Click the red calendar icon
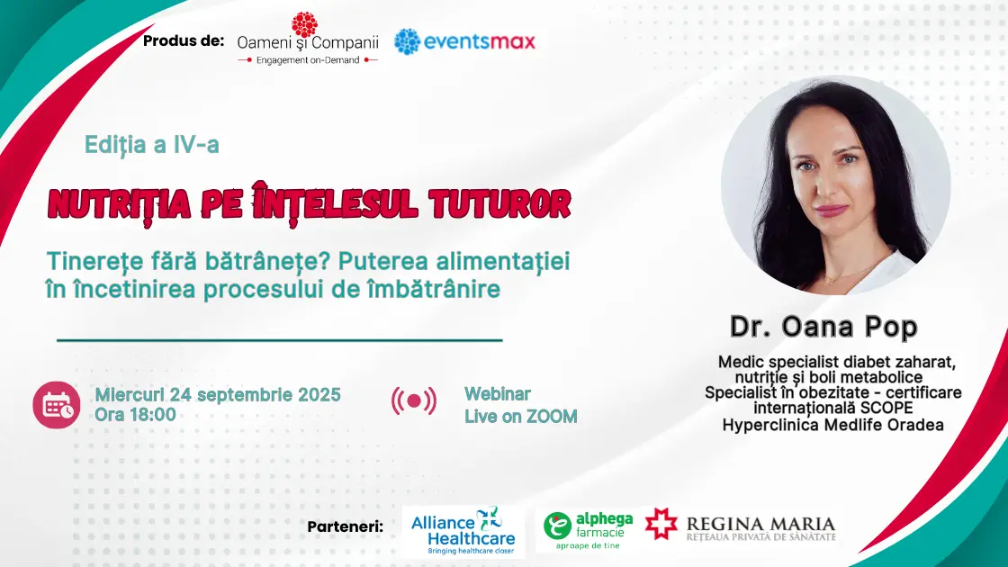coord(57,405)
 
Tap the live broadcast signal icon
coord(414,401)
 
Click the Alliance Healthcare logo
coord(463,531)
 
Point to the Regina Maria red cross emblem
coord(661,523)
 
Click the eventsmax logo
coord(464,41)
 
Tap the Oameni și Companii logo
coord(307,39)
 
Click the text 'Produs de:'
coord(184,41)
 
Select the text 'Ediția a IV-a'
coord(152,145)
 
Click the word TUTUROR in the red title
coord(499,203)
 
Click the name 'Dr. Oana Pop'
coord(823,327)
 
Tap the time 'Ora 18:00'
coord(135,415)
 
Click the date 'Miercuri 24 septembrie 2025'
coord(217,395)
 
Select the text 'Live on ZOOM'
coord(521,417)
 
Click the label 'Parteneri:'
coord(346,526)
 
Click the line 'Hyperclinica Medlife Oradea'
coord(833,425)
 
